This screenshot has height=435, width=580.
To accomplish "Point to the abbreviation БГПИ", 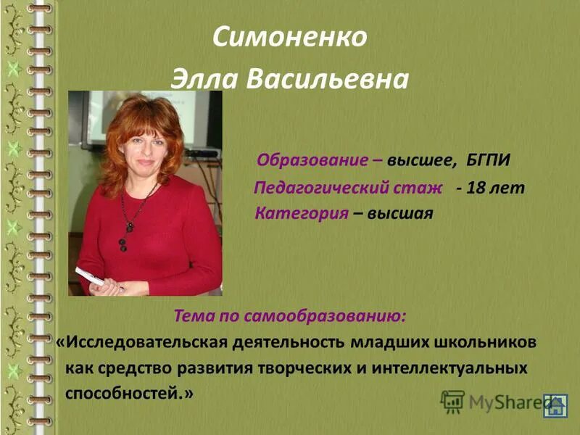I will (496, 159).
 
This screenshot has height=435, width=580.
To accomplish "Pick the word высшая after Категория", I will (399, 214).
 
